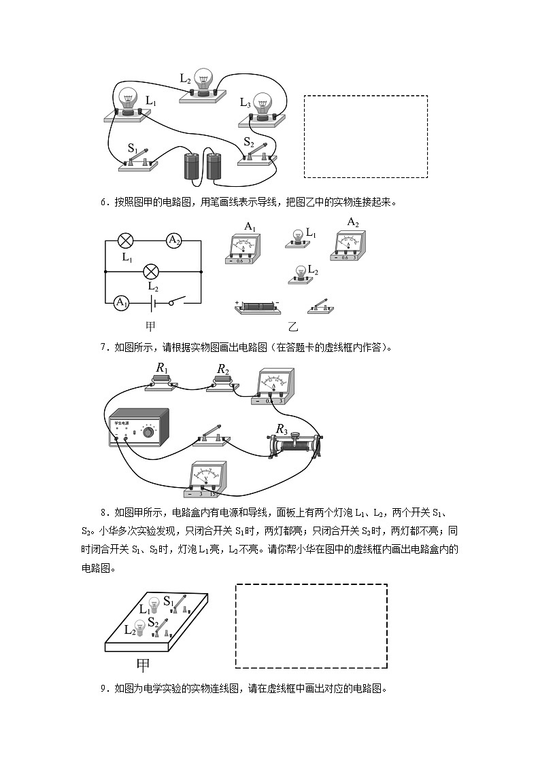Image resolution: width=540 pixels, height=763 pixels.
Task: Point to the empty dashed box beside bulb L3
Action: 365,137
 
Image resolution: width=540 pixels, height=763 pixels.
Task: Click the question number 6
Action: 103,202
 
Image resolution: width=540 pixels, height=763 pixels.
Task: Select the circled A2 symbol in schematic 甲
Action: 175,240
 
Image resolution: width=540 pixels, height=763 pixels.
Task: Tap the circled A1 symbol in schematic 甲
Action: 121,302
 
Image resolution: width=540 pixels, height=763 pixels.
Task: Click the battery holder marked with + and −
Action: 257,307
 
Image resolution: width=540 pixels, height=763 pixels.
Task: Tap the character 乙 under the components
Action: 294,325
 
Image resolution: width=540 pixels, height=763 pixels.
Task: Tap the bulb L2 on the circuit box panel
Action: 141,628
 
